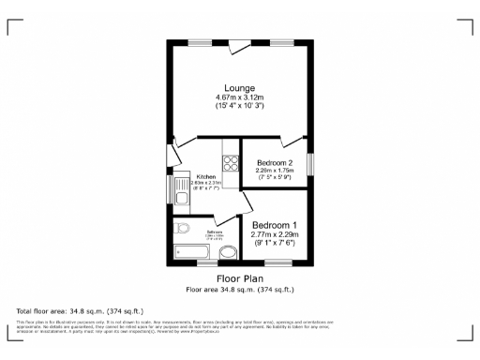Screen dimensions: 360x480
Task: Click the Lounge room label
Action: point(239,87)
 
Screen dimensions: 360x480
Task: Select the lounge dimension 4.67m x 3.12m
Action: point(239,97)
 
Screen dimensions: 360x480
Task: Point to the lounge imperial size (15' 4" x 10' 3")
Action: point(239,106)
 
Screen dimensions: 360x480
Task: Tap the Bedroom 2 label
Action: point(276,162)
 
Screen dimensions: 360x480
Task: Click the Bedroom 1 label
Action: point(275,224)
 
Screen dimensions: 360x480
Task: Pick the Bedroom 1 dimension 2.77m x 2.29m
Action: point(275,233)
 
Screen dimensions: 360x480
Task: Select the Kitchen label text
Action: point(206,176)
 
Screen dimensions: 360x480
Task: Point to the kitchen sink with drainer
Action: point(182,193)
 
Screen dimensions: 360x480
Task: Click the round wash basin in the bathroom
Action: point(228,252)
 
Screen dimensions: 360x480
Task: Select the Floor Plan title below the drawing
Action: point(239,279)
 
